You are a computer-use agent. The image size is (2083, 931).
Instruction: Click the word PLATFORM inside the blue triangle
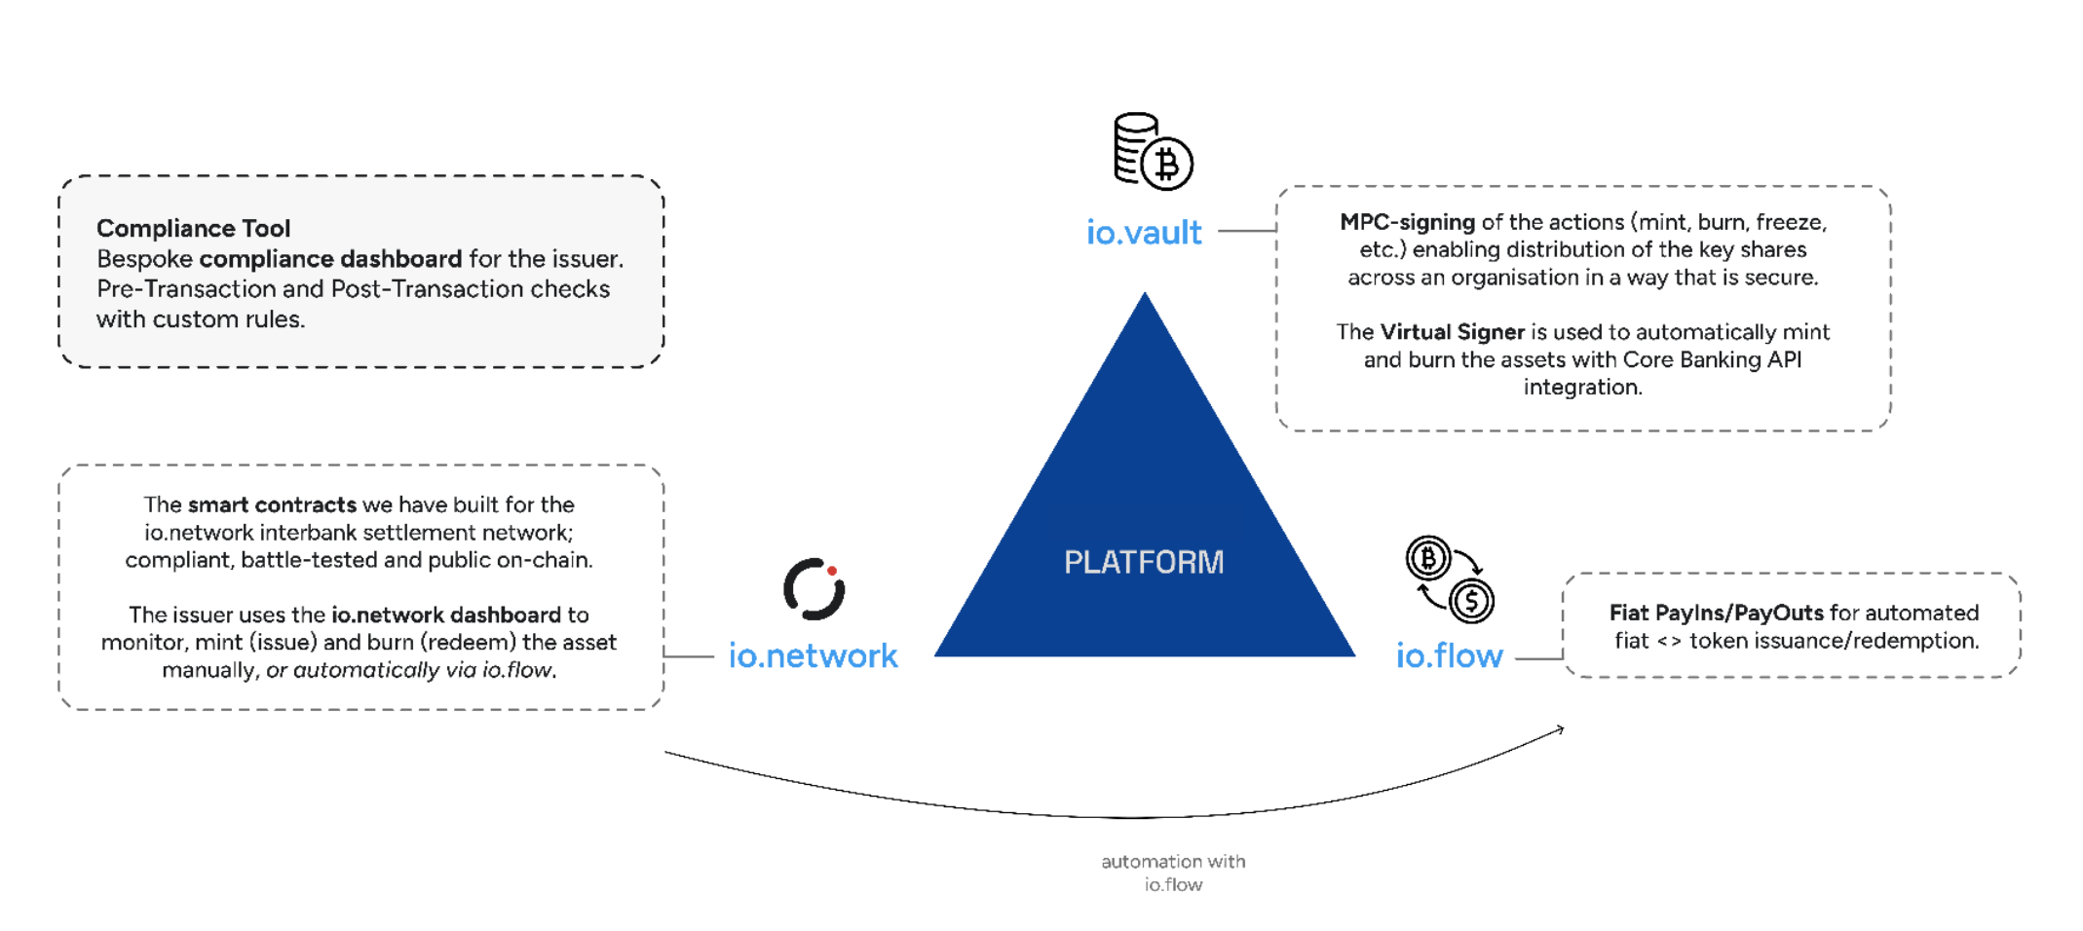pyautogui.click(x=1144, y=562)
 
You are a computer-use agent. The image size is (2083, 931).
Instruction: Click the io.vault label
pyautogui.click(x=1144, y=233)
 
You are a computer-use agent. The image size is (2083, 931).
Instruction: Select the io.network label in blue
pyautogui.click(x=813, y=655)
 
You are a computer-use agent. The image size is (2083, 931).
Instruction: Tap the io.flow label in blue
pyautogui.click(x=1449, y=655)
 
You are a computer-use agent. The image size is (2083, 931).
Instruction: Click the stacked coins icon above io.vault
pyautogui.click(x=1153, y=151)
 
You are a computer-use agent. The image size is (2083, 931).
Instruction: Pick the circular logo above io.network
pyautogui.click(x=814, y=588)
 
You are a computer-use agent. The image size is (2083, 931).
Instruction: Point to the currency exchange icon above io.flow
pyautogui.click(x=1450, y=578)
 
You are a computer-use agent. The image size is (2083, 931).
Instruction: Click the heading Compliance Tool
pyautogui.click(x=193, y=228)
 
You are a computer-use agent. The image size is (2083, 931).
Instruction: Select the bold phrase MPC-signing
pyautogui.click(x=1407, y=222)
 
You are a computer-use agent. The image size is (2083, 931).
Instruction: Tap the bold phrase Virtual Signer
pyautogui.click(x=1452, y=332)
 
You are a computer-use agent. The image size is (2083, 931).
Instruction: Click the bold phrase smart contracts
pyautogui.click(x=272, y=504)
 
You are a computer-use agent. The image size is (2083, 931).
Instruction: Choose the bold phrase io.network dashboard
pyautogui.click(x=446, y=614)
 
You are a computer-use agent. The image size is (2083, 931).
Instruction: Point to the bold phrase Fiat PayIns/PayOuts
pyautogui.click(x=1716, y=613)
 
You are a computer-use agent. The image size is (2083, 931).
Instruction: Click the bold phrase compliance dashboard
pyautogui.click(x=330, y=259)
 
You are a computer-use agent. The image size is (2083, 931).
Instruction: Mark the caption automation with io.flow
pyautogui.click(x=1173, y=873)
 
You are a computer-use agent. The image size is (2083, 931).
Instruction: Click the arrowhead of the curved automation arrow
pyautogui.click(x=1561, y=728)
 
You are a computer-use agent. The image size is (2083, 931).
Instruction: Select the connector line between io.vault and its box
pyautogui.click(x=1246, y=231)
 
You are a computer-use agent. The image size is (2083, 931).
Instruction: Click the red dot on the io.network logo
pyautogui.click(x=832, y=571)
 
